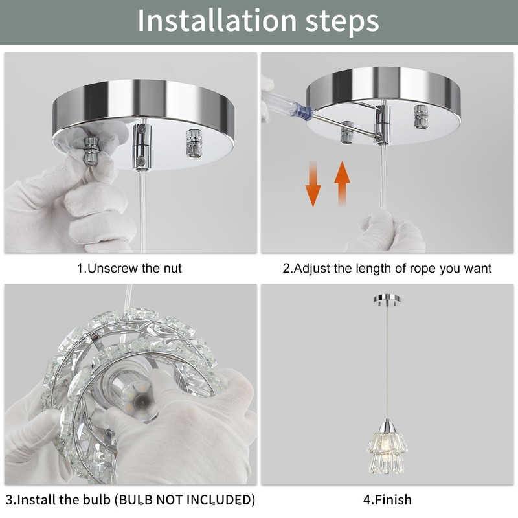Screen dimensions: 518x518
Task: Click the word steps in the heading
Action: click(343, 23)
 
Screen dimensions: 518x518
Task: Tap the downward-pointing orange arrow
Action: click(313, 184)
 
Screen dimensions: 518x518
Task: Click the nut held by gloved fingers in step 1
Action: click(90, 150)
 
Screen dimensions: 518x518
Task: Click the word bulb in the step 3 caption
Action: click(97, 499)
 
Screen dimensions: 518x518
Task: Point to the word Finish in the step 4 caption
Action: click(393, 499)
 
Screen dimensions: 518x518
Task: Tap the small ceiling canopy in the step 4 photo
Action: click(387, 299)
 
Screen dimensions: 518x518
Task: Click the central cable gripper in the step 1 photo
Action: click(142, 147)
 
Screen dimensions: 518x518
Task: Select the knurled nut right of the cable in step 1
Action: click(194, 144)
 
